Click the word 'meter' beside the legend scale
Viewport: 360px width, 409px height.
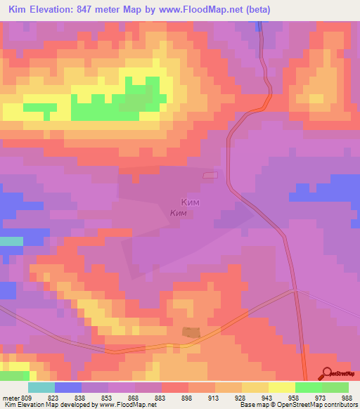(11, 397)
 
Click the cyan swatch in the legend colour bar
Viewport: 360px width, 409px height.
(41, 387)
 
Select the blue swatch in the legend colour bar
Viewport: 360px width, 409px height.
(68, 387)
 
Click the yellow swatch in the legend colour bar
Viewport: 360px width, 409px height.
(281, 387)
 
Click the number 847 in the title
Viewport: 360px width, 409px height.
(101, 10)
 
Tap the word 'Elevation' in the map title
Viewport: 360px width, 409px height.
(58, 10)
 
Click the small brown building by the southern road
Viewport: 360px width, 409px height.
(191, 332)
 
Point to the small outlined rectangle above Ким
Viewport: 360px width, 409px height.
(210, 175)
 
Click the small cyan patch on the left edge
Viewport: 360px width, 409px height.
(11, 241)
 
